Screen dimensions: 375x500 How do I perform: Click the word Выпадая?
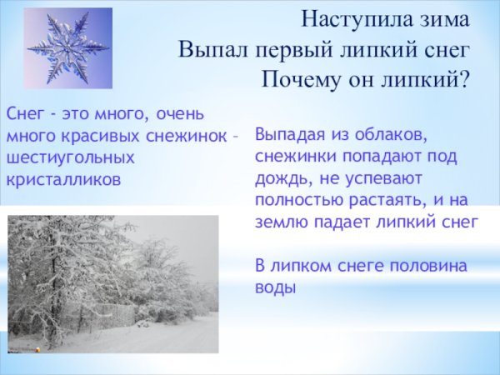click(287, 135)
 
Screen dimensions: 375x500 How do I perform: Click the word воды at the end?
click(275, 287)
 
